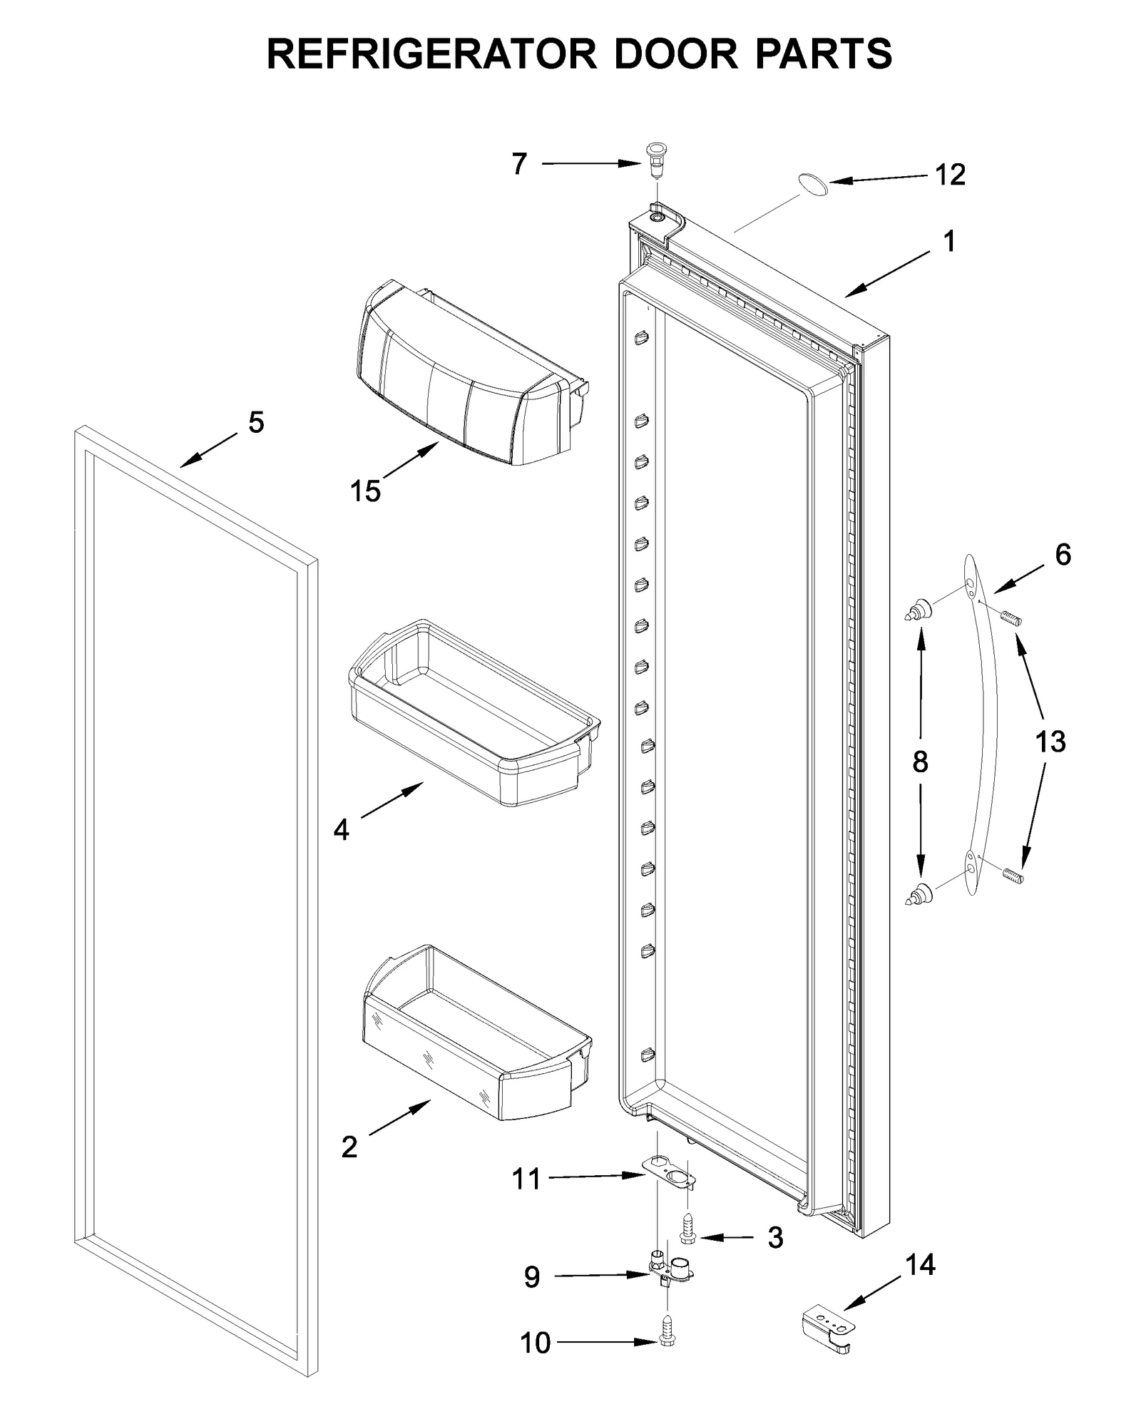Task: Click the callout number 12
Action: click(x=950, y=175)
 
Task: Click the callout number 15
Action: click(x=365, y=491)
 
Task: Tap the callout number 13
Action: click(x=1050, y=742)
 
